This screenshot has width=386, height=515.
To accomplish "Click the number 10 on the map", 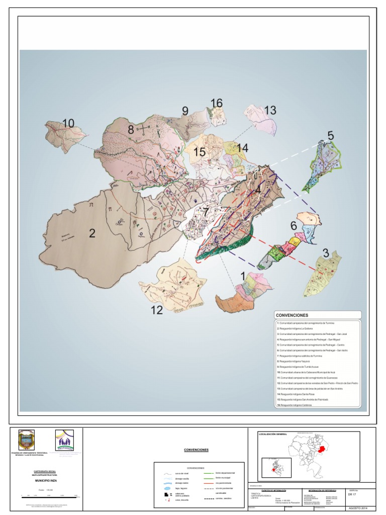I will click(68, 123).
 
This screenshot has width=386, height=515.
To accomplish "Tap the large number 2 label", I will click(92, 233).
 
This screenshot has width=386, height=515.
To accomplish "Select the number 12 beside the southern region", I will click(157, 310).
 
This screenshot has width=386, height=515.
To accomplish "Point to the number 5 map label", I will click(330, 135).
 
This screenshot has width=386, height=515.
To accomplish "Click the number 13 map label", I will click(270, 110).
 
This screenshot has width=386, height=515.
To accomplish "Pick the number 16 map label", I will click(216, 103).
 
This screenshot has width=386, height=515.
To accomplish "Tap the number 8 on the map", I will click(131, 129).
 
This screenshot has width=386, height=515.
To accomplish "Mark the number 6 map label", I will click(293, 226).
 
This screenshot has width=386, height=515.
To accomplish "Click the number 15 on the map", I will click(200, 151).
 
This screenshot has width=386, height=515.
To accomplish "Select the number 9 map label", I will click(184, 111).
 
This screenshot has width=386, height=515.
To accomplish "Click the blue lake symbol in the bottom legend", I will click(167, 487).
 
